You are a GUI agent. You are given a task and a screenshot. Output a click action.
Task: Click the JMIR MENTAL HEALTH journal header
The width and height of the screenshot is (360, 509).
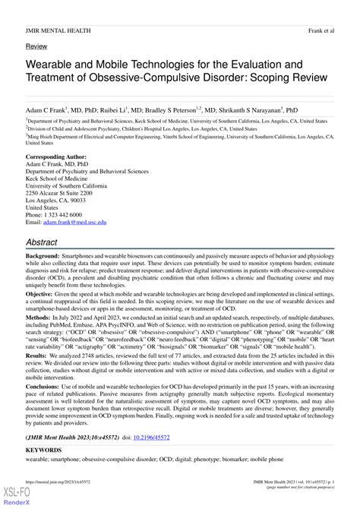point(58,30)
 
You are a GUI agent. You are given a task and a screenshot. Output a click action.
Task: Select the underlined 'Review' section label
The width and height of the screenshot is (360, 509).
point(36,47)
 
